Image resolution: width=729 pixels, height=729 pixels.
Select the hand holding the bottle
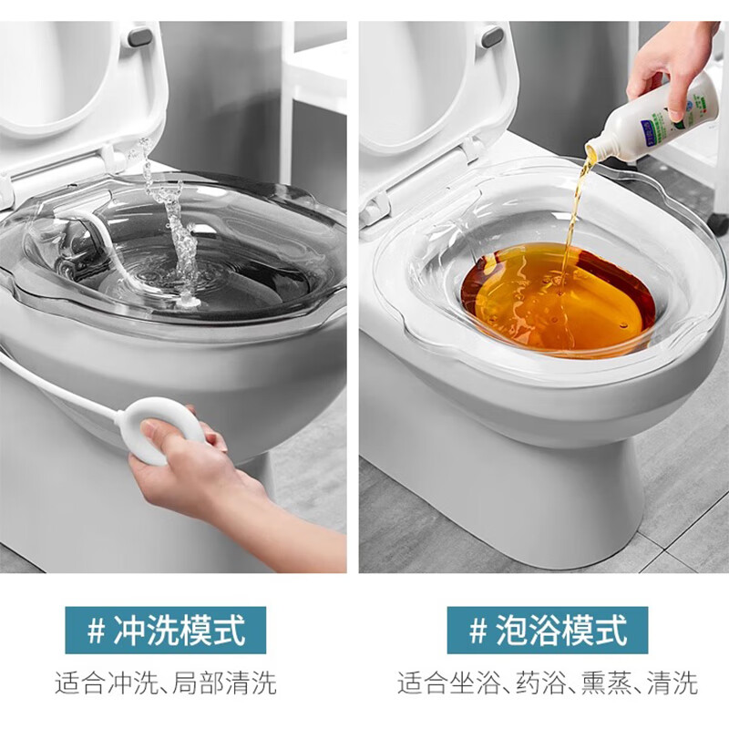click(x=670, y=55)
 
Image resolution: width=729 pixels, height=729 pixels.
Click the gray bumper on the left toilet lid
click(x=140, y=36)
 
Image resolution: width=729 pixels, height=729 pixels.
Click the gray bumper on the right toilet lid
click(x=492, y=36)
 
